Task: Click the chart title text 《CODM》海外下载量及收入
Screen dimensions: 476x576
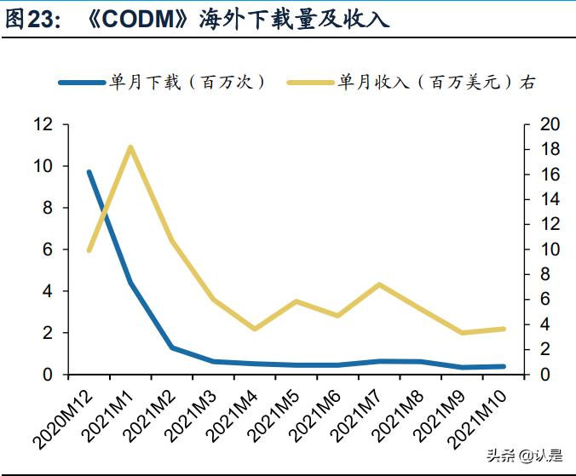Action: tap(239, 19)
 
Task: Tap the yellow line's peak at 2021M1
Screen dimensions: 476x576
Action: tap(130, 147)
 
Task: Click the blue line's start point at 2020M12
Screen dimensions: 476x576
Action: tap(89, 172)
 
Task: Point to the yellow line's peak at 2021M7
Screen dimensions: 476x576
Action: tap(378, 284)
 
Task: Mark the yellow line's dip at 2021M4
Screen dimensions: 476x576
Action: tap(255, 329)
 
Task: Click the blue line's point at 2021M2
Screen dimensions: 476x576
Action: tap(172, 347)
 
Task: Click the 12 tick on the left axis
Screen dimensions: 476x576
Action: tap(43, 124)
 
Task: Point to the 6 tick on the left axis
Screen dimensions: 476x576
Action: tap(48, 249)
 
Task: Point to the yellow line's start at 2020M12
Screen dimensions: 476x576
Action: tap(89, 249)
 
